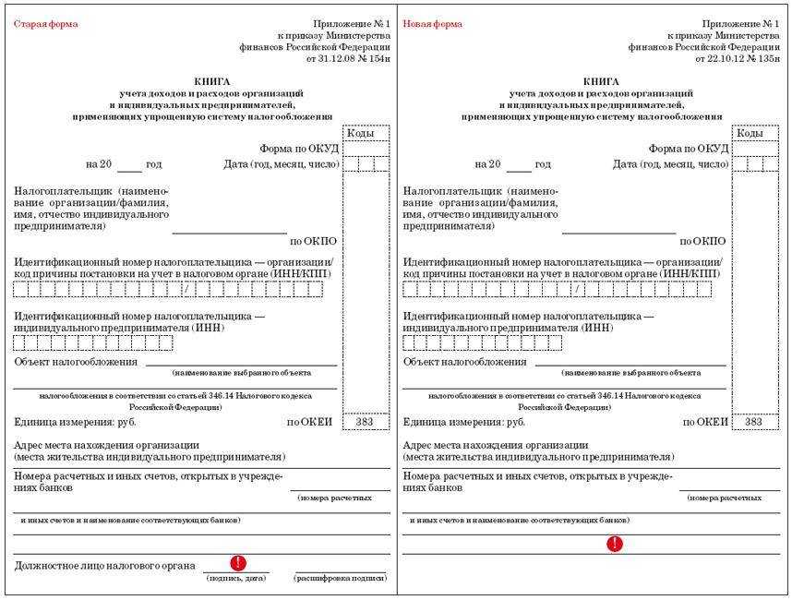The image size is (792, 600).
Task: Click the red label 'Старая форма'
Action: coord(46,24)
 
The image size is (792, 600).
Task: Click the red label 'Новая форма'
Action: coord(433,24)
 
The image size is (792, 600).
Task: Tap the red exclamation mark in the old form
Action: coord(238,562)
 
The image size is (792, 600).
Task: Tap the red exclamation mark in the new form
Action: coord(615,544)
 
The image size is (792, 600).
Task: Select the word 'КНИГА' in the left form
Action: coord(212,81)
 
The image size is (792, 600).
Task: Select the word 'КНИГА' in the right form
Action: coord(601,81)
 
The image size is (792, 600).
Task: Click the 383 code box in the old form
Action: coord(366,422)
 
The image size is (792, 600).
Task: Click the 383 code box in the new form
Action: coord(754,422)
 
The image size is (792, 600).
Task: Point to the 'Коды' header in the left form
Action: coord(361,134)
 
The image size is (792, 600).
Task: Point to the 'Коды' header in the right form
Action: coord(750,134)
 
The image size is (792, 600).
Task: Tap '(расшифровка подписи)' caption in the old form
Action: coord(328,579)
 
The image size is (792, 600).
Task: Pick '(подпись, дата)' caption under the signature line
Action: coord(236,579)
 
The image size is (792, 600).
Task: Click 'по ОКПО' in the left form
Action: coord(314,242)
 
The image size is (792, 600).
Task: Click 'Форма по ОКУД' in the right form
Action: coord(688,149)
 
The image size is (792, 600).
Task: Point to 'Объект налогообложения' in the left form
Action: coord(76,362)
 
